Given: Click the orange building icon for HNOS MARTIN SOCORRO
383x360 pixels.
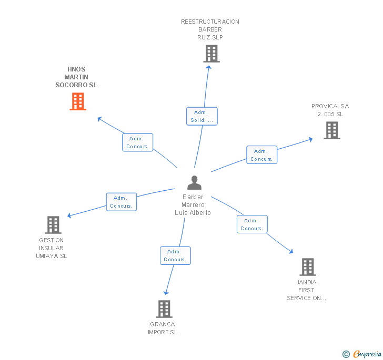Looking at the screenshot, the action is (78, 101).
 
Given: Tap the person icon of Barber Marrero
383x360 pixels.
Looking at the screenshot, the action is (194, 183).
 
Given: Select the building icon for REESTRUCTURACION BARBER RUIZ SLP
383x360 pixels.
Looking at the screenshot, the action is (211, 54).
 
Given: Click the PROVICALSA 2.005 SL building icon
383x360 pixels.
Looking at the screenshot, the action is (332, 130).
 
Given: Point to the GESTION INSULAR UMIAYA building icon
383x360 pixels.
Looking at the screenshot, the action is (53, 225).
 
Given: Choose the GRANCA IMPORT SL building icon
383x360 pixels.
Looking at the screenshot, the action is (165, 309).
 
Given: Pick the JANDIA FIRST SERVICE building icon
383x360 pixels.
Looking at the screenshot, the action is (308, 267).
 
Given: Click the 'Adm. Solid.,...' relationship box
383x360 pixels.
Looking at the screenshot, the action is (201, 116).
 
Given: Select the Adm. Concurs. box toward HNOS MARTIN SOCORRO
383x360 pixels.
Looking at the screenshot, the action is (138, 142).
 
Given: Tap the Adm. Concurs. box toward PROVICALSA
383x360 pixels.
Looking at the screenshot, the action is (261, 155).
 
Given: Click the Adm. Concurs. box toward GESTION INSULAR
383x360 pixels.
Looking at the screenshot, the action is (122, 202).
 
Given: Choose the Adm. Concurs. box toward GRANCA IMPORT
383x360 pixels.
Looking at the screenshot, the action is (175, 255).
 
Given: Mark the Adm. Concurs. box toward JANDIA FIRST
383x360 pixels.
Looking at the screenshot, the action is (252, 224).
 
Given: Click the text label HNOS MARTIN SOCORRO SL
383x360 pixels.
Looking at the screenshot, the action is (76, 77).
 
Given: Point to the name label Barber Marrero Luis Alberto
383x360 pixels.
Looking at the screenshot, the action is (193, 205).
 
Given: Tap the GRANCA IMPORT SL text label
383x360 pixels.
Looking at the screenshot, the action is (163, 328).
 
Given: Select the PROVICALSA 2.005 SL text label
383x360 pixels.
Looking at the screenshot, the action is (330, 110).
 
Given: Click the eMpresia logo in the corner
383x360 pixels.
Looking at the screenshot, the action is (367, 354).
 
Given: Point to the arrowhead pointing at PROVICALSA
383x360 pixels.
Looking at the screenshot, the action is (310, 139).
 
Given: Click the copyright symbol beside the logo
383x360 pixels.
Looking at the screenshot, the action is (346, 355).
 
